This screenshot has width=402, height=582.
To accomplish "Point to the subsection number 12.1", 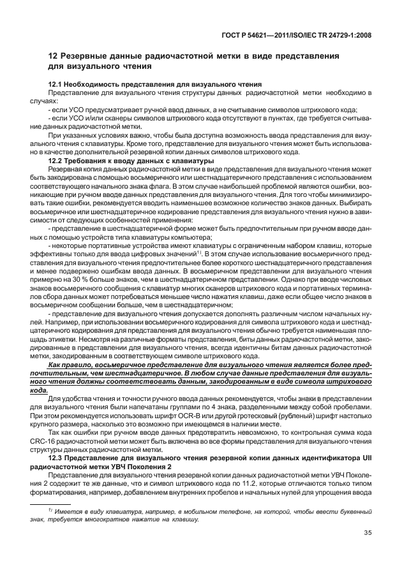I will tap(57, 85).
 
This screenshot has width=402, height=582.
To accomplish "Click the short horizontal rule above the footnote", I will tap(50, 504).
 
